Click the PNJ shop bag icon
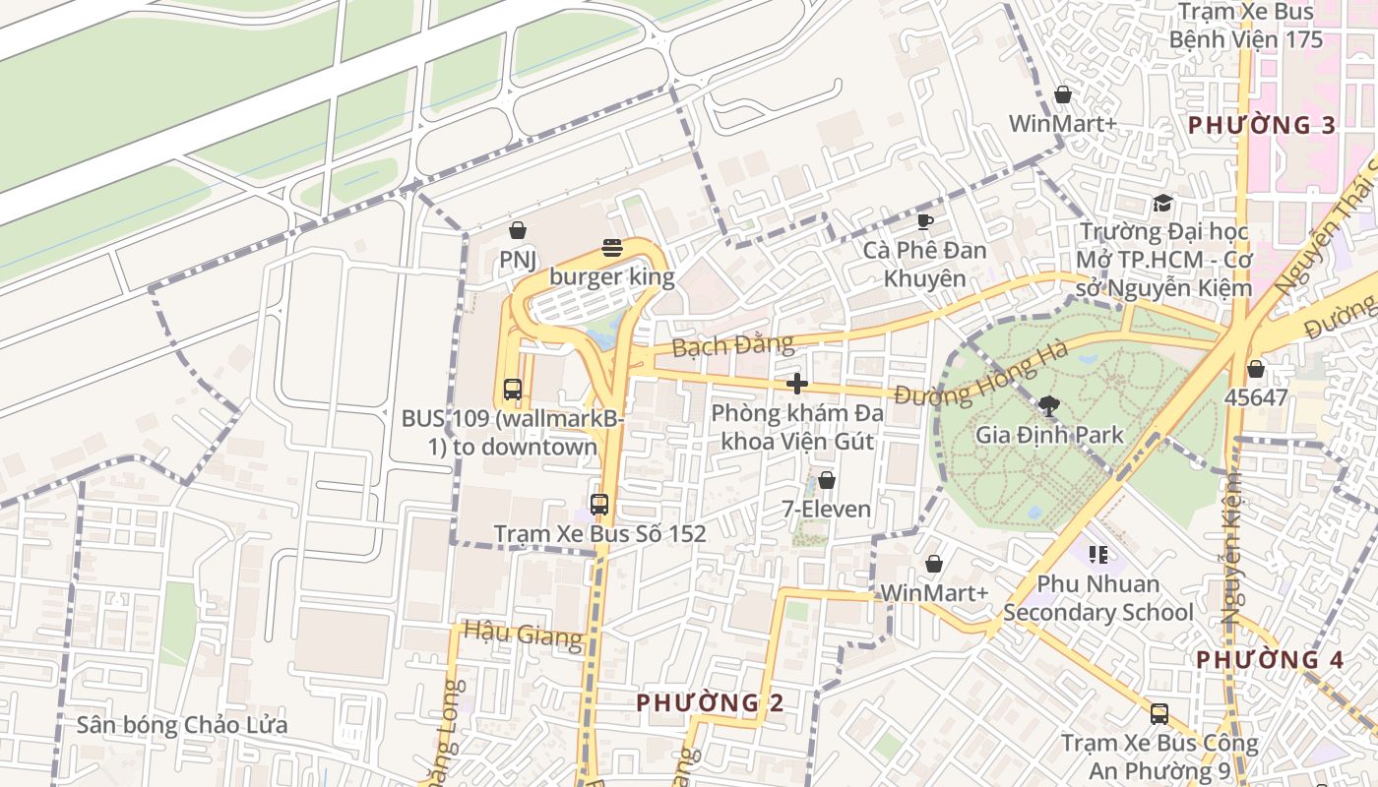tap(518, 231)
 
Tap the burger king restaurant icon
tap(612, 248)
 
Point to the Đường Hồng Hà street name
tap(967, 378)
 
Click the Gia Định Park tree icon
tap(1049, 405)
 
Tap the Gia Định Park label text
tap(1049, 434)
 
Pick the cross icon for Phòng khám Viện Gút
tap(797, 384)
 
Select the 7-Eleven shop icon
tap(827, 480)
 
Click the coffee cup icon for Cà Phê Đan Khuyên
tap(924, 221)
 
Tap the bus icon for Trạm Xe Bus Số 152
tap(599, 505)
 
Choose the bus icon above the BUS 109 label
tap(513, 389)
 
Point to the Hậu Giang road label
tap(523, 635)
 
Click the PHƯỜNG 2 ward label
tap(710, 702)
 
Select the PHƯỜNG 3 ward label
tap(1262, 125)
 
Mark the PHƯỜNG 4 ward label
tap(1270, 659)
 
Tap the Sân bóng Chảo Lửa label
tap(182, 726)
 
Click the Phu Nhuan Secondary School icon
tap(1098, 555)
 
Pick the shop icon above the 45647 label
tap(1255, 370)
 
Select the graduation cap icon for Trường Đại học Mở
tap(1163, 204)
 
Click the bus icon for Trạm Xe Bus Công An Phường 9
tap(1159, 714)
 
